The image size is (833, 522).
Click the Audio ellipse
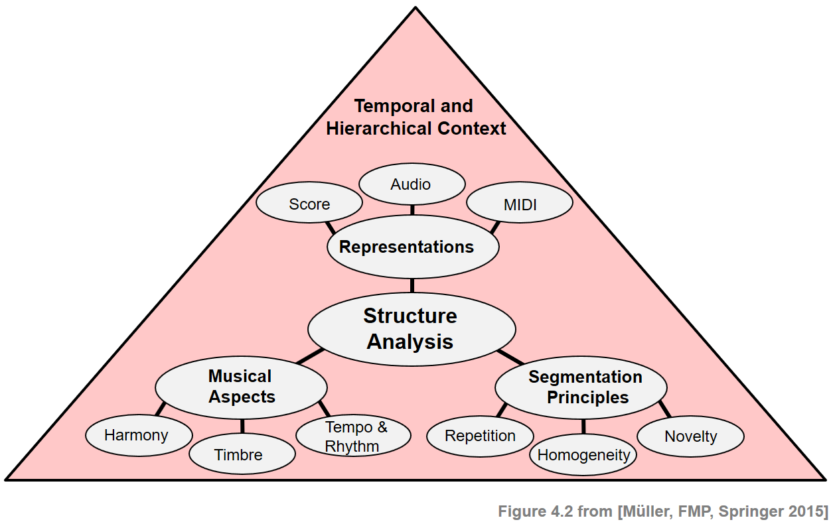411,184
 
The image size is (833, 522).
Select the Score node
309,204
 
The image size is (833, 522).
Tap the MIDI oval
520,204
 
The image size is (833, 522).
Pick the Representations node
406,247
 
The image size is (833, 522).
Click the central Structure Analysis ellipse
411,329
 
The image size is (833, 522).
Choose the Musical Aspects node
241,387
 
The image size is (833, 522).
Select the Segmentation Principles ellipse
585,387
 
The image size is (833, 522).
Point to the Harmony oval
137,435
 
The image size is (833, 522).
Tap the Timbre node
239,455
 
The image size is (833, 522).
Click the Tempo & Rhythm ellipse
353,436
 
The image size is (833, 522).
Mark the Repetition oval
480,436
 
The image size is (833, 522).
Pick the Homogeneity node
583,455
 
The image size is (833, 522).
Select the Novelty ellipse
691,436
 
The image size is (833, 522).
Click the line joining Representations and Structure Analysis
412,286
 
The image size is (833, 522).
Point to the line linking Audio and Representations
412,210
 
